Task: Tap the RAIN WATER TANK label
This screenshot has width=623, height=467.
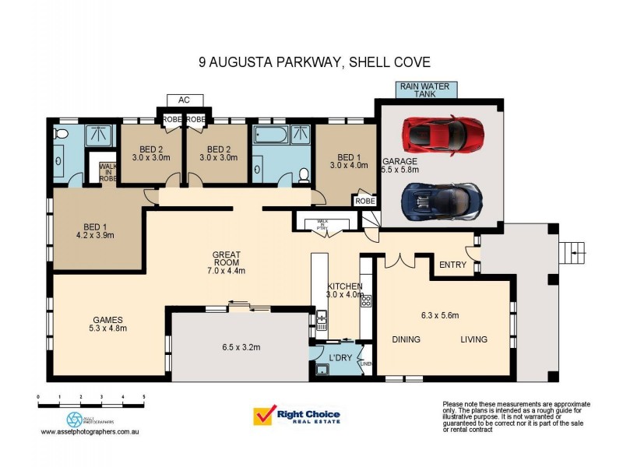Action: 426,90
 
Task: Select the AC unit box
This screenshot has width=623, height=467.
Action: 185,100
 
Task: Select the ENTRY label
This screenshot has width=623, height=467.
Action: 452,265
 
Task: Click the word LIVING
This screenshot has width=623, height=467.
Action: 473,339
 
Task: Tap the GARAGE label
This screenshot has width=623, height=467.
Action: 399,162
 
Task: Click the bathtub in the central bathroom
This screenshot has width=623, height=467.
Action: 269,139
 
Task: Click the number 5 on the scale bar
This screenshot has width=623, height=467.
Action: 143,397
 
